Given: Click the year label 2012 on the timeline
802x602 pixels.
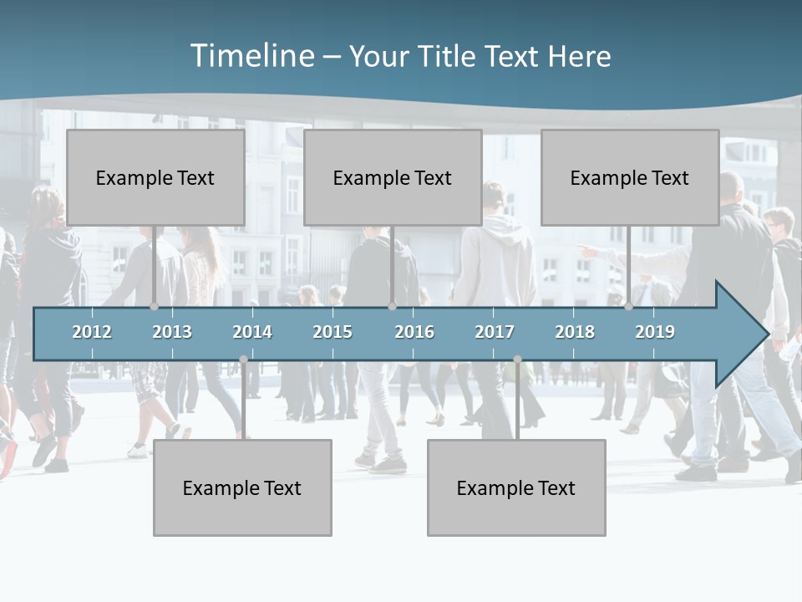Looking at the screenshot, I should click(92, 332).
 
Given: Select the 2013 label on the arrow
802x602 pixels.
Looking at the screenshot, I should click(172, 332).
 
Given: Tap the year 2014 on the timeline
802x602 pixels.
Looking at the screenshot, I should click(252, 332).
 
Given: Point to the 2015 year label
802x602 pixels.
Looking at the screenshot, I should click(332, 332).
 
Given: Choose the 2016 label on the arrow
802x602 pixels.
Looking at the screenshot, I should click(414, 332).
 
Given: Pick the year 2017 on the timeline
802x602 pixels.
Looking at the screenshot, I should click(495, 332).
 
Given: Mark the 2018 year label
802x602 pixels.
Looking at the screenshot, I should click(575, 332).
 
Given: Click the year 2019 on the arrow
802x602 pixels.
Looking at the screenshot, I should click(655, 332).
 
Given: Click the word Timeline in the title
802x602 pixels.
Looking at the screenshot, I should click(251, 56).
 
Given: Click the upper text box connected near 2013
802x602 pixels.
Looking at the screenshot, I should click(155, 177).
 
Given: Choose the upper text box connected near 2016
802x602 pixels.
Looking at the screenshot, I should click(393, 177).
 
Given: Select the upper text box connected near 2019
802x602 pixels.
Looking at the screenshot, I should click(630, 177).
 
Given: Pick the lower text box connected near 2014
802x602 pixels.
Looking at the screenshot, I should click(242, 487).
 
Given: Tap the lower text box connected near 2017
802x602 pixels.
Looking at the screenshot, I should click(516, 487).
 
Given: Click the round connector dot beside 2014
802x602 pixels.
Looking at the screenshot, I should click(243, 360).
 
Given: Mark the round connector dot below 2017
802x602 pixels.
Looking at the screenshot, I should click(517, 360).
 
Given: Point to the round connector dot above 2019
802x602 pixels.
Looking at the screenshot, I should click(629, 306).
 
